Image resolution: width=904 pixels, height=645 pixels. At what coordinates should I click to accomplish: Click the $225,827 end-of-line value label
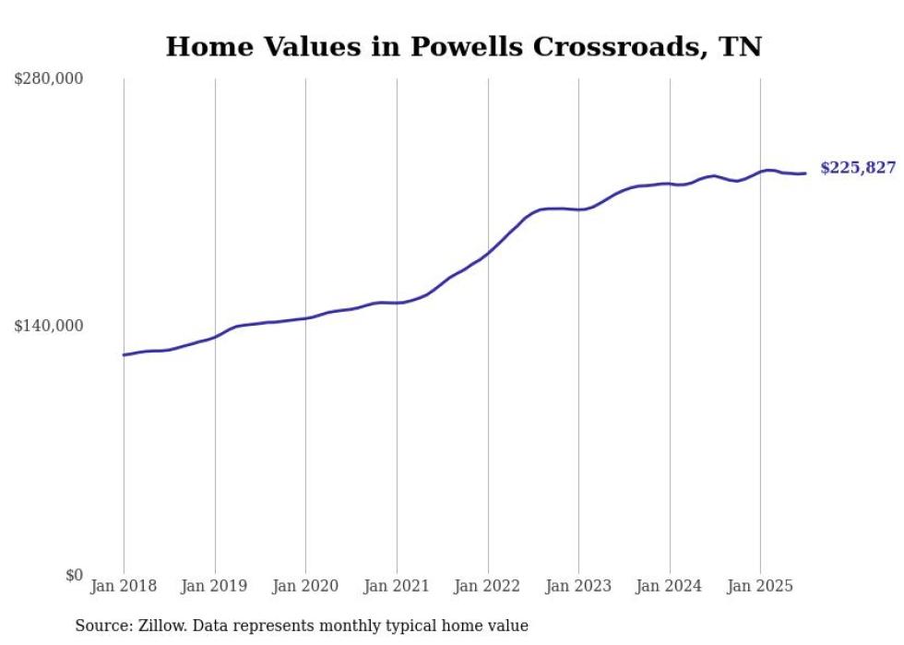(x=857, y=168)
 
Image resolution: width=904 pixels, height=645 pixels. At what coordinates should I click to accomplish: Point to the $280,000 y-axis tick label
(x=49, y=79)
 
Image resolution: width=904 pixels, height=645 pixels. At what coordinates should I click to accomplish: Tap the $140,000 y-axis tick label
(x=49, y=326)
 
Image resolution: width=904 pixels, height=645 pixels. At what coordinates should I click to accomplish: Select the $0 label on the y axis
(x=74, y=575)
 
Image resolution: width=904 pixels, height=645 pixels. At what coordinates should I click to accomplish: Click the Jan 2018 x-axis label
(x=124, y=586)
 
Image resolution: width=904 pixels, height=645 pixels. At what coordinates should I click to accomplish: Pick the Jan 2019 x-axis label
(x=215, y=586)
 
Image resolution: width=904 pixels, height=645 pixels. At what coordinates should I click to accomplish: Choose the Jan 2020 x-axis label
(x=305, y=586)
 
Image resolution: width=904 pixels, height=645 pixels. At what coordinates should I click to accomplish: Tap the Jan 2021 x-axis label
(x=397, y=586)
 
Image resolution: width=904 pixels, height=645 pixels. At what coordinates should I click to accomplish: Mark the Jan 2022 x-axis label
(x=488, y=586)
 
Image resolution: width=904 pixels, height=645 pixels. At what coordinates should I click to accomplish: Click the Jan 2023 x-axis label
(x=578, y=586)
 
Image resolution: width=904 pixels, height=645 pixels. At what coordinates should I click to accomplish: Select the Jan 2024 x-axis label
(x=670, y=586)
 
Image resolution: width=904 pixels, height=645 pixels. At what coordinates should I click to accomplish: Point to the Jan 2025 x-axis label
(x=760, y=586)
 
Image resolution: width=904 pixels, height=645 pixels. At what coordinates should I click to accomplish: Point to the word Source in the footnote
(x=100, y=626)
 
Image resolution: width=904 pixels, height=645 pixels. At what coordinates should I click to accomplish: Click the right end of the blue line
(x=805, y=173)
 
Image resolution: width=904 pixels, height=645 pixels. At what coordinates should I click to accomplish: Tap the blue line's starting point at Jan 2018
(x=124, y=354)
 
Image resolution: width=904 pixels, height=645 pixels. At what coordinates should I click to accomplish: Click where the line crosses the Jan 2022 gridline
(x=488, y=252)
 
